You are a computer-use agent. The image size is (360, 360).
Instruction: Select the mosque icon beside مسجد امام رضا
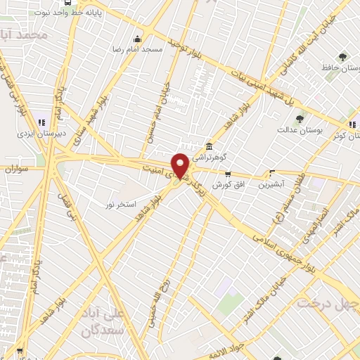coord(136,39)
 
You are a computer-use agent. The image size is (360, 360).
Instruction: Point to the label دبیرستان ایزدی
coord(41,131)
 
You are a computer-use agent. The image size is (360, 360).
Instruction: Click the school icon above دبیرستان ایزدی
coord(41,120)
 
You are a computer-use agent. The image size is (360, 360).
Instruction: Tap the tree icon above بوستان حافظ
coord(342,57)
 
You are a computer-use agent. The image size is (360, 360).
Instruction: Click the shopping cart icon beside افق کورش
coord(227,173)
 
